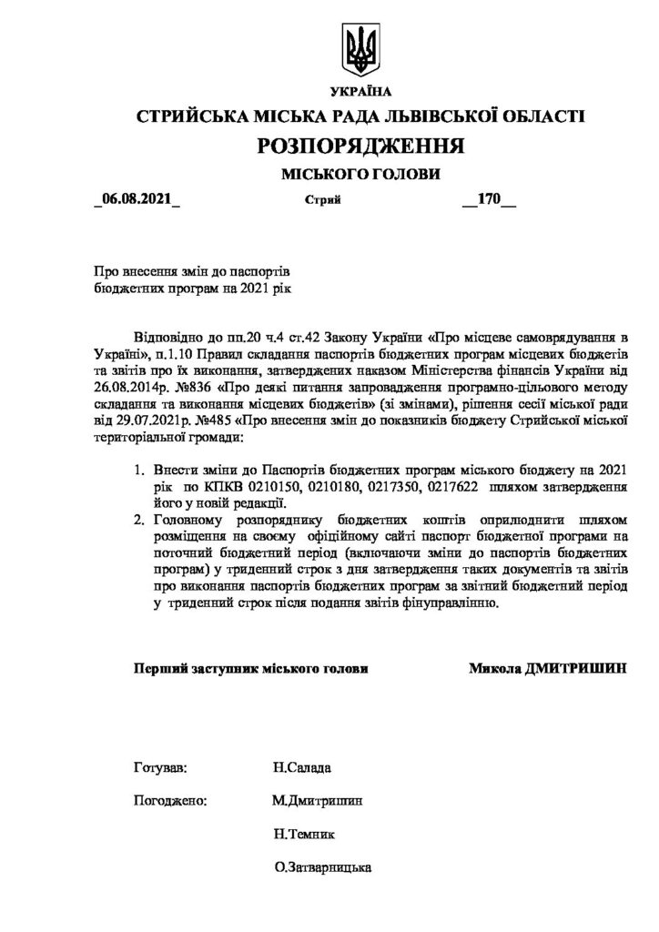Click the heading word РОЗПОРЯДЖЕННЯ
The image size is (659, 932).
click(361, 146)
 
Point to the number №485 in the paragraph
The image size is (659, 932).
click(193, 422)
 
